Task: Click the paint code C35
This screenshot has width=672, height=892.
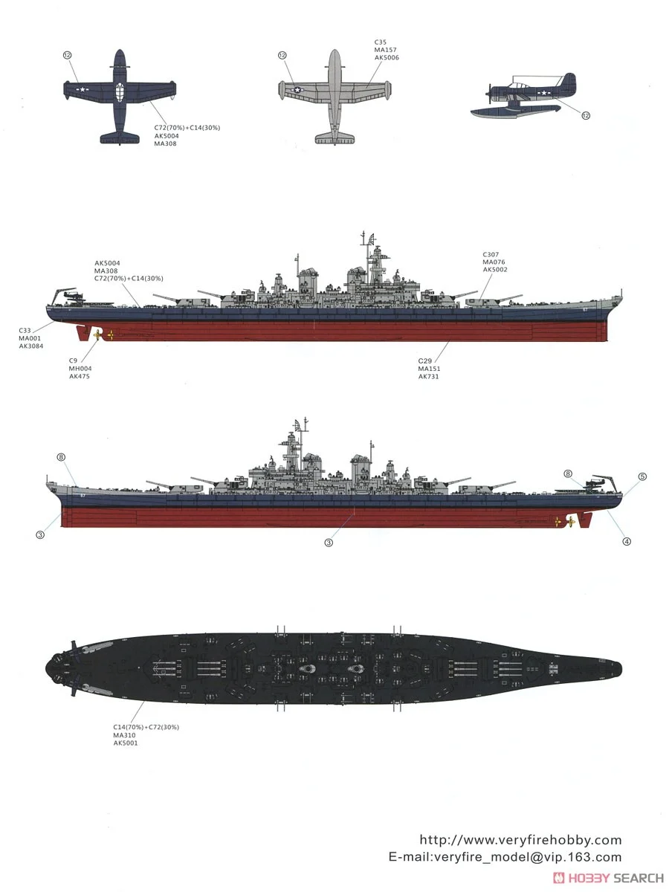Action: (380, 42)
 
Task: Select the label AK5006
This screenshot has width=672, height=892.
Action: (387, 57)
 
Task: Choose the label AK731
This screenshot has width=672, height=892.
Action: (428, 376)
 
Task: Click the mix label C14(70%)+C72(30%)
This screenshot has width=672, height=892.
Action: (146, 727)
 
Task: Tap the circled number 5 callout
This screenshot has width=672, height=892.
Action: (642, 476)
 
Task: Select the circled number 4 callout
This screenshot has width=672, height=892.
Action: (627, 541)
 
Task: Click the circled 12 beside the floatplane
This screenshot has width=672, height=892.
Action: (586, 115)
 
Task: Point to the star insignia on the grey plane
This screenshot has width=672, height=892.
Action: (297, 90)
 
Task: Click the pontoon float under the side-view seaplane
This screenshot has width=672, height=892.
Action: (505, 112)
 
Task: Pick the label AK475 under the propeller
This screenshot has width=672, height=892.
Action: (80, 376)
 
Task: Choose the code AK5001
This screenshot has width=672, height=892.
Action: (125, 742)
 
